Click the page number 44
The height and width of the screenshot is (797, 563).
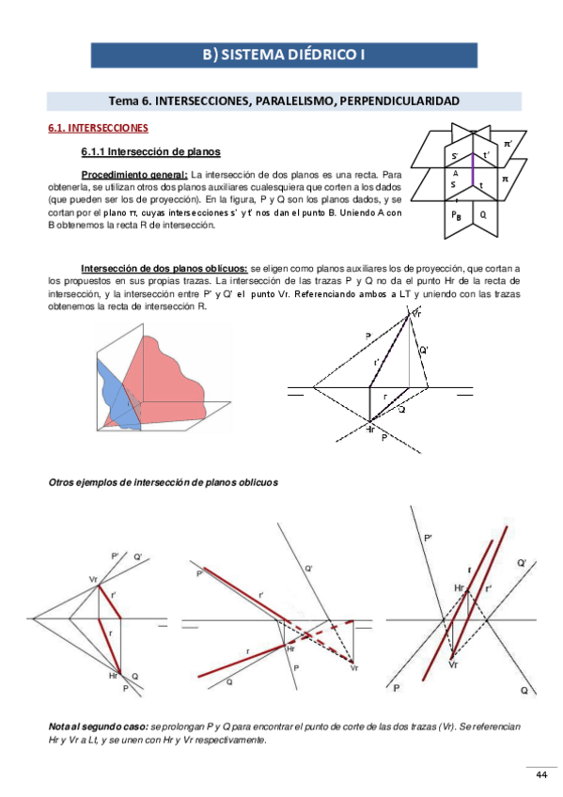540,774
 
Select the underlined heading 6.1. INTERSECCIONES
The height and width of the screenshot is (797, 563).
98,128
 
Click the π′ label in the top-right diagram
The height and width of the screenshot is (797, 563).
508,144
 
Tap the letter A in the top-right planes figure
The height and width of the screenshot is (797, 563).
455,173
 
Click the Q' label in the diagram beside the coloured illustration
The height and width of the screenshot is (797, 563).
424,351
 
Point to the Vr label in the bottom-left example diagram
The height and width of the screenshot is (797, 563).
93,579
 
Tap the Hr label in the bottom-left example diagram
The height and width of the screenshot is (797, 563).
114,675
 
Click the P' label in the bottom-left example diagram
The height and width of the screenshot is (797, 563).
116,556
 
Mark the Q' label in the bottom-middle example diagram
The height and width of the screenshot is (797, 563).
308,569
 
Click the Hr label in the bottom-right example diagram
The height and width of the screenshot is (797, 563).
459,588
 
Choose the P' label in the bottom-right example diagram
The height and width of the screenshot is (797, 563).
429,539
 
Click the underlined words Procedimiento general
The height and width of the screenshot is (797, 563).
134,175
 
